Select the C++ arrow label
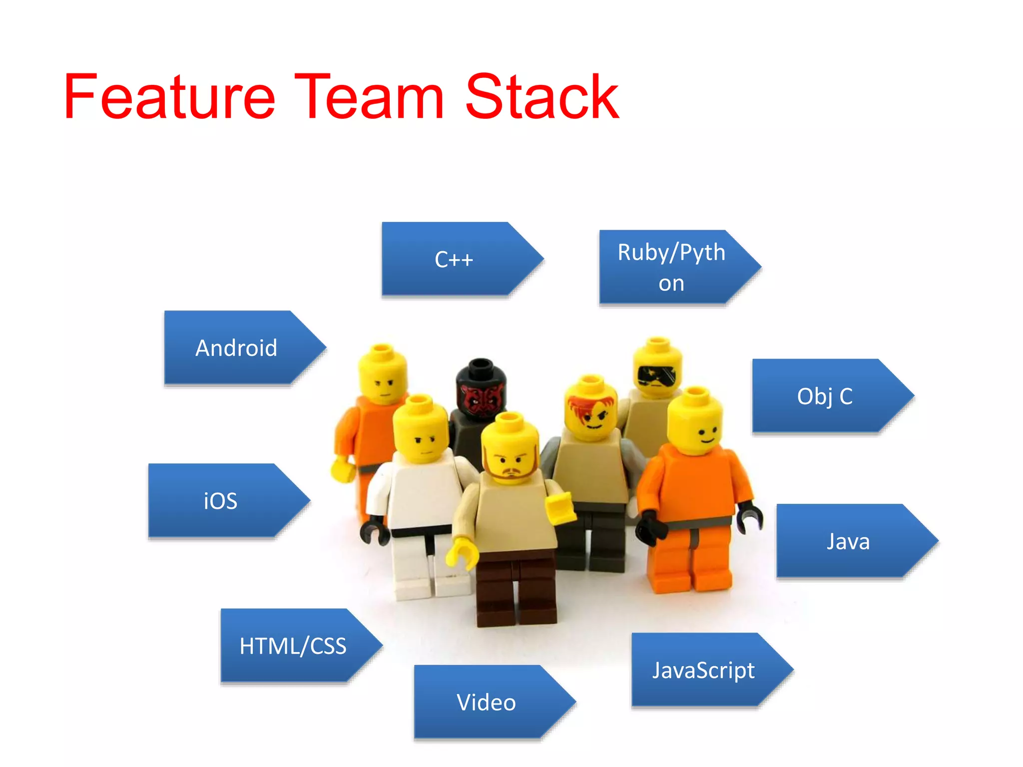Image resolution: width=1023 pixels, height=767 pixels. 454,259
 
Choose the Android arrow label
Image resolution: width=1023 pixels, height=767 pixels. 236,348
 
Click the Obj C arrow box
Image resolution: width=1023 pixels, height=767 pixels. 825,396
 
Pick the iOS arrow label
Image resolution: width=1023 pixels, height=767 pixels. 220,501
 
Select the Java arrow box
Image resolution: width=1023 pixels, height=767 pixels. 848,541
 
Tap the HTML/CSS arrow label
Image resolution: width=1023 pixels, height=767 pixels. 293,646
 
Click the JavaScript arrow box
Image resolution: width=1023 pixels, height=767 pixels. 703,670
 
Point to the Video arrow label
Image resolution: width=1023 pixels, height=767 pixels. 486,702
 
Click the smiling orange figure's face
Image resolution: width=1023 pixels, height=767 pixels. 697,427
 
